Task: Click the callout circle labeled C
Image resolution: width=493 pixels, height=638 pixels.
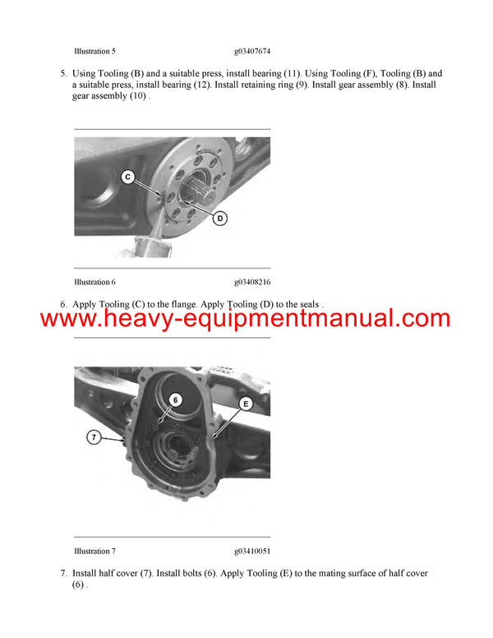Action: pyautogui.click(x=127, y=176)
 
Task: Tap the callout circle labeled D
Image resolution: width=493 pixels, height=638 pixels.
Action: pyautogui.click(x=220, y=218)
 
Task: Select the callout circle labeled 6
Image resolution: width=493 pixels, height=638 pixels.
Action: pyautogui.click(x=175, y=400)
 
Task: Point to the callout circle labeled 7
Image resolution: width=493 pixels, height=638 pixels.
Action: pyautogui.click(x=94, y=438)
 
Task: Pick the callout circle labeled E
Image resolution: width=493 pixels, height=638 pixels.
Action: pyautogui.click(x=244, y=403)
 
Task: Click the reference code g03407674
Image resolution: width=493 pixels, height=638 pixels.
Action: pyautogui.click(x=252, y=51)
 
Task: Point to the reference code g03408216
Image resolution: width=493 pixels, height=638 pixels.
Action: pyautogui.click(x=252, y=282)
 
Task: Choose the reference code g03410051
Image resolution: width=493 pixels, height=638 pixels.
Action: pyautogui.click(x=252, y=551)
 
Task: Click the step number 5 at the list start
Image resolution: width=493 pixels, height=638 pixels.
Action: pyautogui.click(x=63, y=73)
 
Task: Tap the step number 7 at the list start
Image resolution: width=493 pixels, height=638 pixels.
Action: pyautogui.click(x=63, y=573)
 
